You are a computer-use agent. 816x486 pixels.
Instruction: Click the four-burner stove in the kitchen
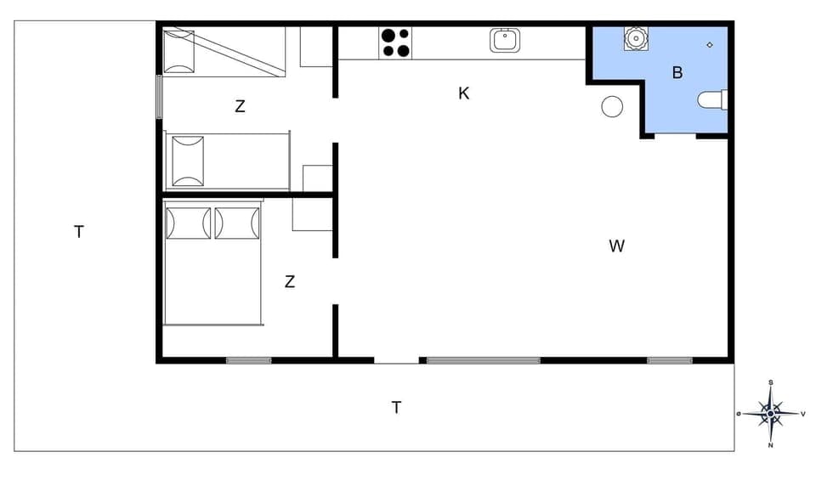[x=395, y=43]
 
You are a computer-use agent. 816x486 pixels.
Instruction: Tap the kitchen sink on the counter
[x=505, y=40]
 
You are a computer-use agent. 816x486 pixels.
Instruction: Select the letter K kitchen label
[x=464, y=93]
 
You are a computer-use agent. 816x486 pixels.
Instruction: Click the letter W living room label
[x=617, y=246]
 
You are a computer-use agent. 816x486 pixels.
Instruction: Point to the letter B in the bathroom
[x=677, y=73]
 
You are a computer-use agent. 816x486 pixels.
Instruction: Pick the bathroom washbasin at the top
[x=635, y=38]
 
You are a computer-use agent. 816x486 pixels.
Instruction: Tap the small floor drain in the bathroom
[x=709, y=44]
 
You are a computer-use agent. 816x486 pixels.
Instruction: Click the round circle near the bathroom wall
[x=612, y=106]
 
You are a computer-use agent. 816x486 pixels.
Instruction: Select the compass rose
[x=771, y=414]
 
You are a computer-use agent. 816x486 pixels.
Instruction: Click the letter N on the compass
[x=771, y=445]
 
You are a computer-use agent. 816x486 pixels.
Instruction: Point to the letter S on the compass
[x=770, y=382]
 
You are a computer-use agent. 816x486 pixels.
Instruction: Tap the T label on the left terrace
[x=79, y=231]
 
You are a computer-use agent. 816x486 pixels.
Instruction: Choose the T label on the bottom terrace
[x=396, y=408]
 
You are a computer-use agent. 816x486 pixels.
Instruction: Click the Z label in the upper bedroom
[x=240, y=107]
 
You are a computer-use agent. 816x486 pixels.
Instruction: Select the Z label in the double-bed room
[x=290, y=282]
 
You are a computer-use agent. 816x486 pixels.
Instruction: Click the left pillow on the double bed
[x=188, y=223]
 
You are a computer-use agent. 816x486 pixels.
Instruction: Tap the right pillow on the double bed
[x=237, y=223]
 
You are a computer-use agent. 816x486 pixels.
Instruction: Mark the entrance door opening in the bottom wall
[x=397, y=361]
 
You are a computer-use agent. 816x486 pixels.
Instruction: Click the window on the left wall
[x=159, y=97]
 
